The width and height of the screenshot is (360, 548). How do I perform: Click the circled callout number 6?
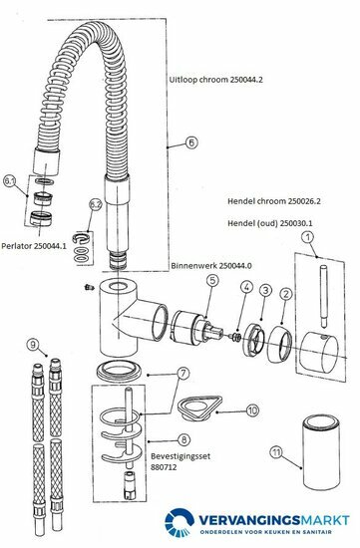click(x=191, y=142)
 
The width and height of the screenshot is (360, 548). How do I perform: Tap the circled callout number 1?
click(x=307, y=238)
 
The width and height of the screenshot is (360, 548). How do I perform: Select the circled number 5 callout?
click(x=212, y=280)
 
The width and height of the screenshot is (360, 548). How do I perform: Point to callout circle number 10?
click(x=252, y=410)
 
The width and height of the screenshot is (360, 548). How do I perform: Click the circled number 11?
click(x=277, y=453)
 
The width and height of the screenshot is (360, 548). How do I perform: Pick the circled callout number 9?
click(x=33, y=345)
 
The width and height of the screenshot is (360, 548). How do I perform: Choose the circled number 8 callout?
click(x=184, y=439)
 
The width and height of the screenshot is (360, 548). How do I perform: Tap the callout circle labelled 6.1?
click(x=9, y=181)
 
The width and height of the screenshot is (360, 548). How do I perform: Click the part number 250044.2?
click(x=246, y=80)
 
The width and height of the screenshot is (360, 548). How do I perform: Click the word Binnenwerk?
click(x=193, y=266)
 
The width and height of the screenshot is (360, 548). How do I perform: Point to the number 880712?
click(x=164, y=467)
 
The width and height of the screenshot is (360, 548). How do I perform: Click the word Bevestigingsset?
click(x=180, y=456)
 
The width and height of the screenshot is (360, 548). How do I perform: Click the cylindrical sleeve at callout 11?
click(x=321, y=452)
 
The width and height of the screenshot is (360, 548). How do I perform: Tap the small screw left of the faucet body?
click(x=89, y=287)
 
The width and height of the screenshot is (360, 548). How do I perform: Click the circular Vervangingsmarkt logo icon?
click(x=180, y=522)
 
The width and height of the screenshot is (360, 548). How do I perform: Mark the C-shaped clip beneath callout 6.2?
click(x=81, y=238)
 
